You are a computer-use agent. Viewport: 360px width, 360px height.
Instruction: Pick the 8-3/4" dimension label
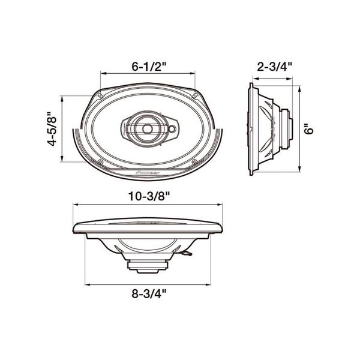pyautogui.click(x=147, y=293)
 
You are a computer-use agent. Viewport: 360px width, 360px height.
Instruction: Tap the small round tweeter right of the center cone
pyautogui.click(x=172, y=128)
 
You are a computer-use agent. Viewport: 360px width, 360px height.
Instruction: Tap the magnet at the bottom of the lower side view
pyautogui.click(x=147, y=264)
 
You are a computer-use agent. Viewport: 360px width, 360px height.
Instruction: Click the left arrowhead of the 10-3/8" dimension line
pyautogui.click(x=75, y=205)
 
